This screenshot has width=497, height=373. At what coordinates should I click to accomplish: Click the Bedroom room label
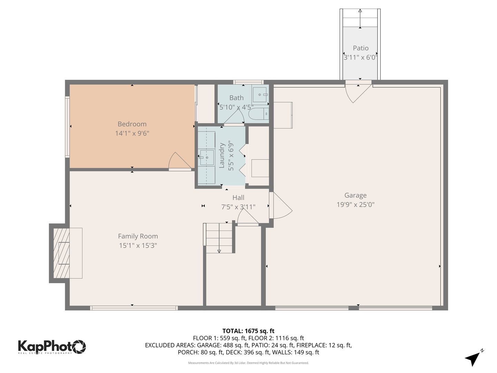pyautogui.click(x=132, y=124)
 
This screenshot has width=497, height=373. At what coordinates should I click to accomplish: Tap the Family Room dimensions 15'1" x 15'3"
pyautogui.click(x=138, y=246)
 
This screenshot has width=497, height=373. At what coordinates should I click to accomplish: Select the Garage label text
pyautogui.click(x=355, y=195)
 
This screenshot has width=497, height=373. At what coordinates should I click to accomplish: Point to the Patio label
pyautogui.click(x=360, y=48)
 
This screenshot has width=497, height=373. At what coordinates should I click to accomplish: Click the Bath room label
pyautogui.click(x=236, y=98)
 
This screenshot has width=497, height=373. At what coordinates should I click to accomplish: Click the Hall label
pyautogui.click(x=238, y=198)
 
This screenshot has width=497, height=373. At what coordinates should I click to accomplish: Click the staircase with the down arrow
pyautogui.click(x=219, y=238)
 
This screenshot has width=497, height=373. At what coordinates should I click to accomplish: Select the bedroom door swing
pyautogui.click(x=177, y=162)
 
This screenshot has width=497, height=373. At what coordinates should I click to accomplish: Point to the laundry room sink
pyautogui.click(x=206, y=157)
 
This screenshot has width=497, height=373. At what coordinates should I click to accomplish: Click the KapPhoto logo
pyautogui.click(x=52, y=346)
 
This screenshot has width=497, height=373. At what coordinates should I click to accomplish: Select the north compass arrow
pyautogui.click(x=473, y=358)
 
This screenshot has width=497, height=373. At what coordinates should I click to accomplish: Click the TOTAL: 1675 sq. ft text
pyautogui.click(x=248, y=331)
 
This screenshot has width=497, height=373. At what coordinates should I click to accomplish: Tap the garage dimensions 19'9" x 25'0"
pyautogui.click(x=355, y=204)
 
